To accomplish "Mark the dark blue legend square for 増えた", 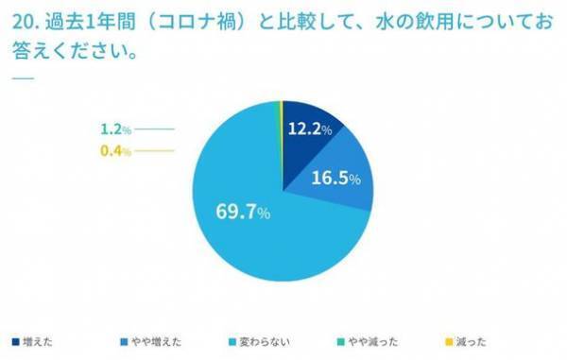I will click(15, 342).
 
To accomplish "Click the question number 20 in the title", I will click(23, 22).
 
